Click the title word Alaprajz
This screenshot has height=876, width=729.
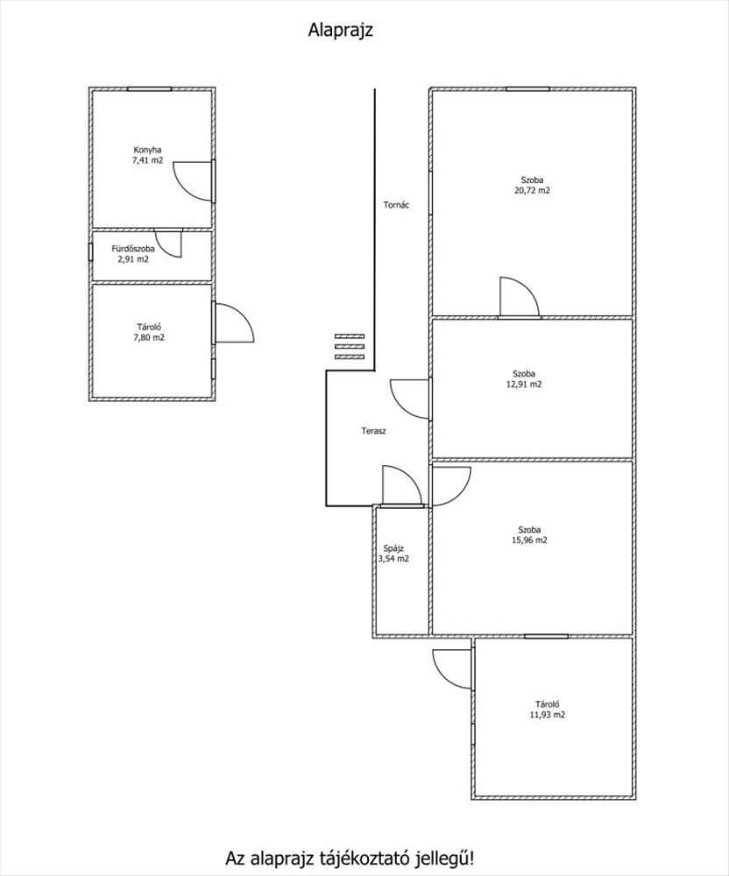point(342,31)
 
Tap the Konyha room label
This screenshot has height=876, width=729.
point(147,149)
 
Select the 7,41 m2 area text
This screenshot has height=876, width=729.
point(147,160)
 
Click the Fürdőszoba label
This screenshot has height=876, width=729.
point(133,249)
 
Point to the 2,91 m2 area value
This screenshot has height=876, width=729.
point(133,259)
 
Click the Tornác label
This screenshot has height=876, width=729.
point(396,206)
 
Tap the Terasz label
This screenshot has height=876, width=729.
point(374,431)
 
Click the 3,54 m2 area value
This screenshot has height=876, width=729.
point(393,559)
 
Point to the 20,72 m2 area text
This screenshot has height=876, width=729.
point(533,190)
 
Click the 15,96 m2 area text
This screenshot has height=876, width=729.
point(529,540)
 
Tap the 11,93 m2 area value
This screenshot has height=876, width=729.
point(548,715)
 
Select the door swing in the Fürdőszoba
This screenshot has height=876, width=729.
point(168,243)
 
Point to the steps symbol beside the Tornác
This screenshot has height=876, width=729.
point(349,346)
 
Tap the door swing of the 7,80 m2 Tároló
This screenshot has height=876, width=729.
point(232,322)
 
